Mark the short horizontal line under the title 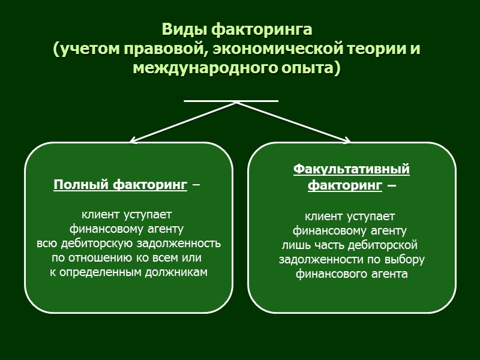(231, 101)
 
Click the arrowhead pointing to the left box (133, 141)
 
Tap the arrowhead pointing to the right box (347, 141)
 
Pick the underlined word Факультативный (351, 169)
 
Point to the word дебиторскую (97, 244)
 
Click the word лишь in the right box (294, 245)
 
